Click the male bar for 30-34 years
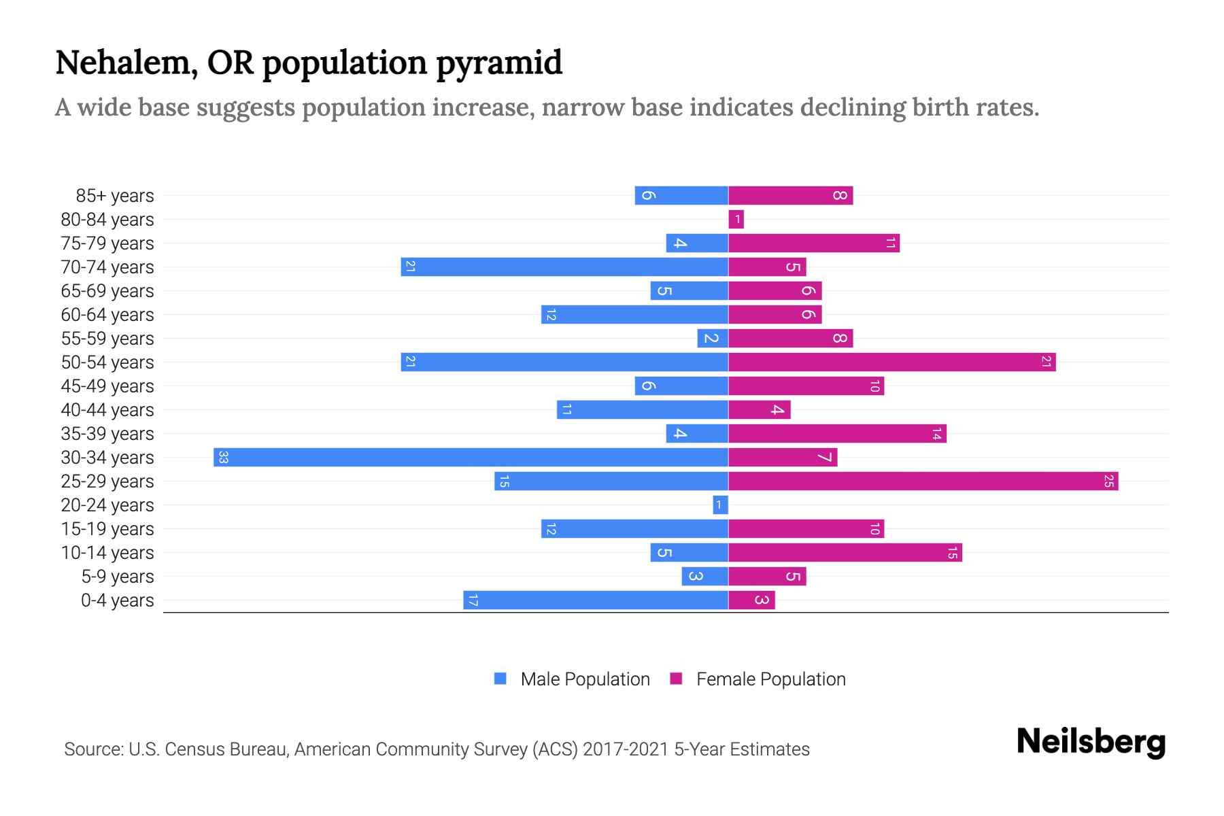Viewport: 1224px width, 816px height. pyautogui.click(x=471, y=457)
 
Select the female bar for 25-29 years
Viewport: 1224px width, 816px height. pyautogui.click(x=923, y=481)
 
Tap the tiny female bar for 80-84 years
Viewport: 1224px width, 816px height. pyautogui.click(x=736, y=220)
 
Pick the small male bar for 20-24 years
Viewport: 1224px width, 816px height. pyautogui.click(x=720, y=505)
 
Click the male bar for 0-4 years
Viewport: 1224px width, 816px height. pyautogui.click(x=596, y=600)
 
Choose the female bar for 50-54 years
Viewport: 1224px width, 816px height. pyautogui.click(x=891, y=362)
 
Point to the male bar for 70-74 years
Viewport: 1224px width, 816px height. pyautogui.click(x=564, y=267)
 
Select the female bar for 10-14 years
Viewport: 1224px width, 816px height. pyautogui.click(x=845, y=553)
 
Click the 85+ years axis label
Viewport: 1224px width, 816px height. pyautogui.click(x=115, y=196)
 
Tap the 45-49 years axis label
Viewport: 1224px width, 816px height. pyautogui.click(x=107, y=386)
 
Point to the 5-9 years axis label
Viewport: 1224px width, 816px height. pyautogui.click(x=118, y=577)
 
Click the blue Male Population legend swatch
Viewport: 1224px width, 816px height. pyautogui.click(x=500, y=679)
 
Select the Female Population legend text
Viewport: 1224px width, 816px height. pyautogui.click(x=770, y=679)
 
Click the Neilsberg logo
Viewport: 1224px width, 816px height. pyautogui.click(x=1091, y=742)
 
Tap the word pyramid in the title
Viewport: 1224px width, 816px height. pyautogui.click(x=498, y=63)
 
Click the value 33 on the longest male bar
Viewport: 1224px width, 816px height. pyautogui.click(x=223, y=457)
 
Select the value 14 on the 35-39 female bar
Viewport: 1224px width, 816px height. pyautogui.click(x=936, y=434)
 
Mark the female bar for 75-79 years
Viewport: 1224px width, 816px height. pyautogui.click(x=813, y=243)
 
